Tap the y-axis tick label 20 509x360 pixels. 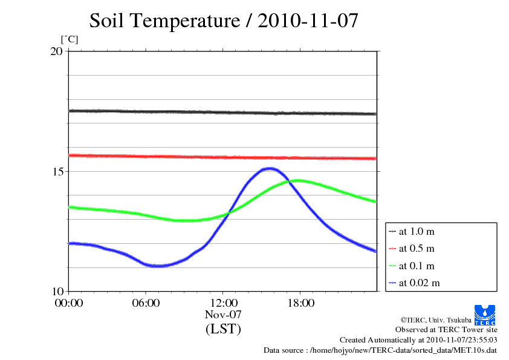[x=56, y=51]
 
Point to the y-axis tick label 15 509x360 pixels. [x=56, y=171]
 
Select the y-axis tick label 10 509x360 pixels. [x=56, y=291]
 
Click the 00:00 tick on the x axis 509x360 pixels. [x=68, y=303]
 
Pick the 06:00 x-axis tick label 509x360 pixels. [x=146, y=303]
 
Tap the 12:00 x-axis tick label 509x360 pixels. [x=223, y=303]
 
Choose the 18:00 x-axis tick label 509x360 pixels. [x=300, y=303]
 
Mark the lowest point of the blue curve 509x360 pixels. [x=157, y=266]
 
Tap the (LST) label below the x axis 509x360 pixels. [x=223, y=330]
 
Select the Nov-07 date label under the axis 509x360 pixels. [x=223, y=315]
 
